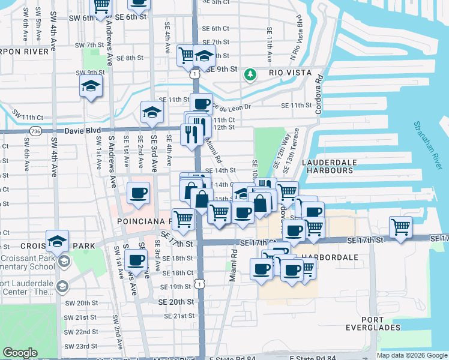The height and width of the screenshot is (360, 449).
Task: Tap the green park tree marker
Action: (250, 75)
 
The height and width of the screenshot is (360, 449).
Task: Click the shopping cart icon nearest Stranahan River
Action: (400, 227)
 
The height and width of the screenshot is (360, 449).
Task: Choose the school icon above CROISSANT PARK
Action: (57, 241)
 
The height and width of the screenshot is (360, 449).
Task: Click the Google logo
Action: (20, 353)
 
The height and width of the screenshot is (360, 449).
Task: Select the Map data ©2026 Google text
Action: (412, 355)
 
